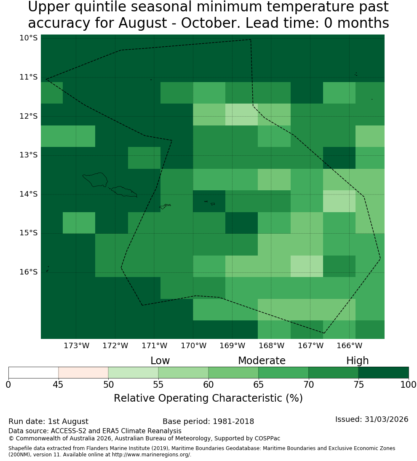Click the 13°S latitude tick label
[x=29, y=155]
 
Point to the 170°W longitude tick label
[x=193, y=346]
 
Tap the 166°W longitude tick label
[x=349, y=346]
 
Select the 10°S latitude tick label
[x=29, y=38]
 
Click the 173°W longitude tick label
[x=77, y=346]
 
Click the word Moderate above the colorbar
[x=262, y=360]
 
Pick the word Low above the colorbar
[x=160, y=360]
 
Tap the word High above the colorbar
[x=357, y=360]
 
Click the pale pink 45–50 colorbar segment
[x=83, y=373]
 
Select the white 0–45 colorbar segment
[x=34, y=373]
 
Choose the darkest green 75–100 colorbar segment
[x=384, y=373]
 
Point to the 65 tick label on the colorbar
[x=259, y=384]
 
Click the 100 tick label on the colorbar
[x=409, y=384]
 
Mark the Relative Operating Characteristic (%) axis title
[x=208, y=398]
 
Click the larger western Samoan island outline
[x=95, y=180]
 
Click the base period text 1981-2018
[x=233, y=421]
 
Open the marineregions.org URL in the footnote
[x=152, y=455]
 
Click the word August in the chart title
[x=143, y=23]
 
